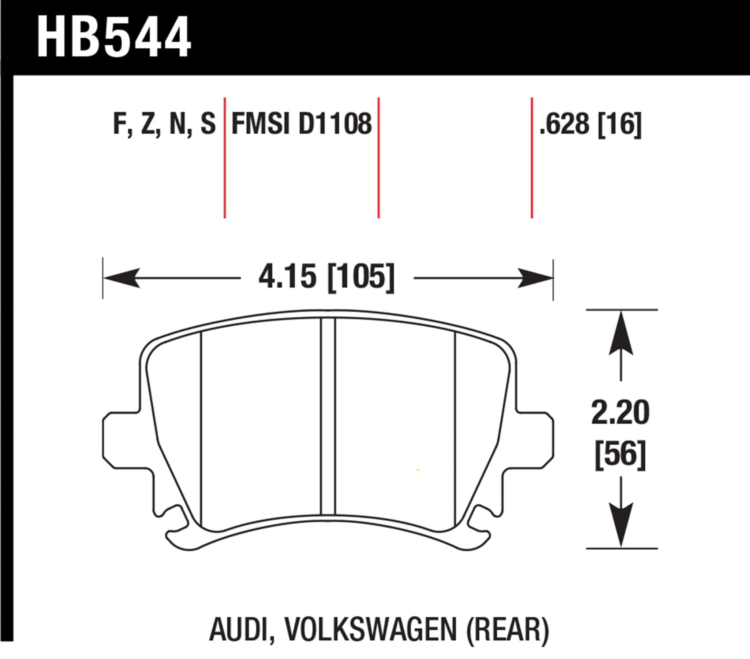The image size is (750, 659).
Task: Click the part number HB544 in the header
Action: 114,37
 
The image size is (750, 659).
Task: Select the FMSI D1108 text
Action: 301,123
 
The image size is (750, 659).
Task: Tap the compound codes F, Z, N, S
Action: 164,123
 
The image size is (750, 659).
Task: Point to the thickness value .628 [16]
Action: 590,123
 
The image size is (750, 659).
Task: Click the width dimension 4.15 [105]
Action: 326,276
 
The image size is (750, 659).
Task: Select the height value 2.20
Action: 620,413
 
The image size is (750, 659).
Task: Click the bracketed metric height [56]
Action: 620,454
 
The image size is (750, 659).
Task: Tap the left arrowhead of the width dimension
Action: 120,277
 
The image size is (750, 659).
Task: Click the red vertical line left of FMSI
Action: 225,157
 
